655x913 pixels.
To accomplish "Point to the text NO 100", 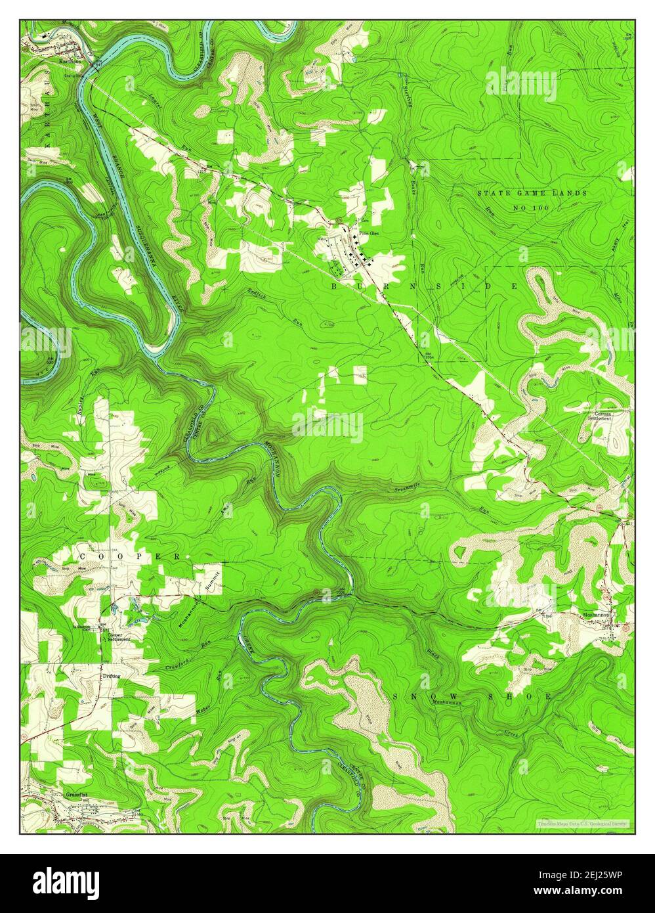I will [531, 207].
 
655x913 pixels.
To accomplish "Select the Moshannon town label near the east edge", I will [596, 615].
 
